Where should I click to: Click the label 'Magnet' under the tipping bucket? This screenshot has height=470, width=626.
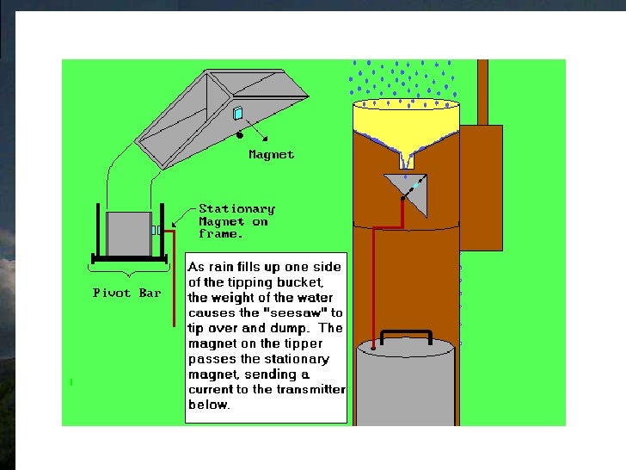[271, 155]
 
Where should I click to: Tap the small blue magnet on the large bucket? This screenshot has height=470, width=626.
[238, 113]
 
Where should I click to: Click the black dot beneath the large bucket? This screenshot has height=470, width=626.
[239, 134]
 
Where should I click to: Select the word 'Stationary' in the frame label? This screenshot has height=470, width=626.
[236, 208]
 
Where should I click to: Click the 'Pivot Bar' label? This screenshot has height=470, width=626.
[126, 293]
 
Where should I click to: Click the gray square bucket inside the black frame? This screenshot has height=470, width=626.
[128, 232]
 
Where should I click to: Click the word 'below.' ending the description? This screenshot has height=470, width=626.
[209, 405]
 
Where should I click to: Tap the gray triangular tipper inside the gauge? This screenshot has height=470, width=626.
[408, 191]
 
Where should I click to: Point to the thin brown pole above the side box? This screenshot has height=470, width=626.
[482, 90]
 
